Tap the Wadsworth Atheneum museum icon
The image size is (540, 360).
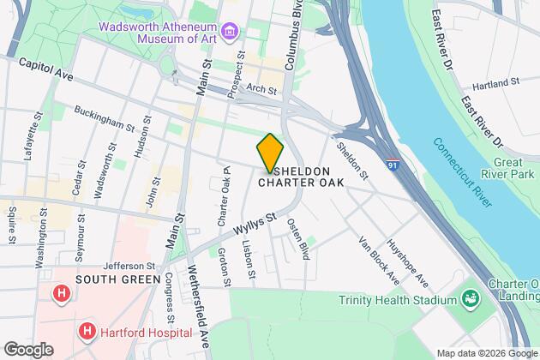[x=229, y=33]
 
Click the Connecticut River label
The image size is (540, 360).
[x=462, y=171]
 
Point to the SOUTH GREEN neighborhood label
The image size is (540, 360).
[x=117, y=279]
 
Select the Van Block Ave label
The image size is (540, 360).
[x=379, y=260]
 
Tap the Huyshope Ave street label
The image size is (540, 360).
[x=408, y=262]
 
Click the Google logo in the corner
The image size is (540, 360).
[x=27, y=349]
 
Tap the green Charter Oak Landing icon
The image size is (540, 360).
[x=469, y=298]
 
